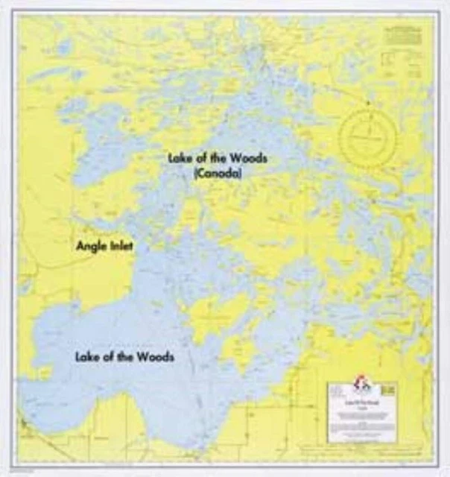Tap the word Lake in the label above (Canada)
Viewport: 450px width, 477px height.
pos(181,159)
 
